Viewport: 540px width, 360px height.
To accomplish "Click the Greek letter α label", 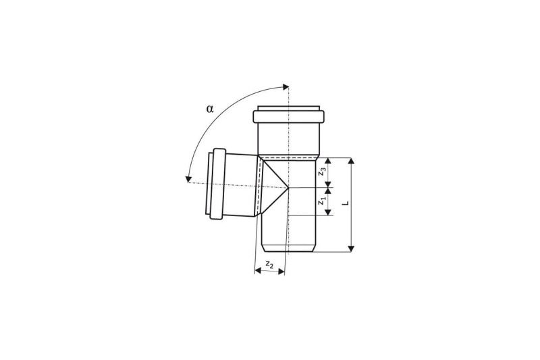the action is [x=210, y=109].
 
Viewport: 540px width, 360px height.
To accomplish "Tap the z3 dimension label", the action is [x=323, y=172].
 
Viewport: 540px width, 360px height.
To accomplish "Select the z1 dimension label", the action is [x=322, y=201].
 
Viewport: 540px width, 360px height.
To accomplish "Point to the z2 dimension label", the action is [x=269, y=265].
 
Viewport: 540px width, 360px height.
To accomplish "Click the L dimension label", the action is [x=347, y=203].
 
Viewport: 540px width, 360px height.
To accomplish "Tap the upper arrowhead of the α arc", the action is [x=286, y=87].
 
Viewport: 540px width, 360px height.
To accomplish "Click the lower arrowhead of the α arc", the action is [x=188, y=179].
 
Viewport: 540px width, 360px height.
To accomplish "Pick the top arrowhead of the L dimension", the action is [x=351, y=161].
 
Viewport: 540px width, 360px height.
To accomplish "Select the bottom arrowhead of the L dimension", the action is [x=351, y=249].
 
